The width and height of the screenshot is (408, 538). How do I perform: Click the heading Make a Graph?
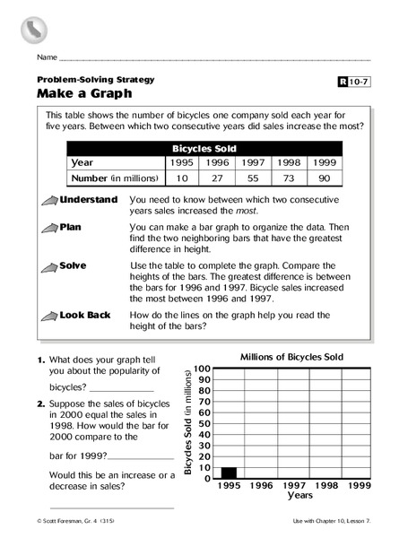tap(79, 92)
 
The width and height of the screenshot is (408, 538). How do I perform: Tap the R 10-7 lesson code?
tap(353, 82)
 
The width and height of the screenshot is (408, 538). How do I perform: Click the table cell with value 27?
tap(218, 178)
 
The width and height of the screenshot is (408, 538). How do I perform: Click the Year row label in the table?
tap(82, 163)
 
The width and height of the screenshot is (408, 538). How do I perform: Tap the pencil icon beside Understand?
tap(48, 200)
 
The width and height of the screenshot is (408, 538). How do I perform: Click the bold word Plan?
tap(71, 228)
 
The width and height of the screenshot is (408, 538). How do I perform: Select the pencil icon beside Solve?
tap(48, 266)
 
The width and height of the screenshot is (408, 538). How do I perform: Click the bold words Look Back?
tap(84, 316)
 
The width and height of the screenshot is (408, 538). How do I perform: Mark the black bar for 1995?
tap(229, 473)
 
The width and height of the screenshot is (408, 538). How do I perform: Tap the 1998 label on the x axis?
tap(326, 485)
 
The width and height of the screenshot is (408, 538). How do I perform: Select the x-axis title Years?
tap(299, 495)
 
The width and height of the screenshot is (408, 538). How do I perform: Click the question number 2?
tap(40, 404)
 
